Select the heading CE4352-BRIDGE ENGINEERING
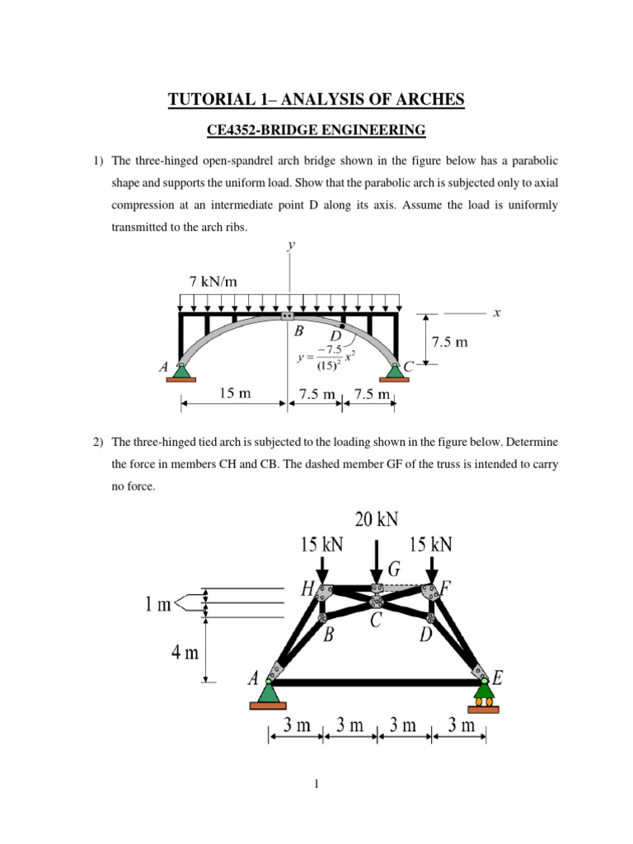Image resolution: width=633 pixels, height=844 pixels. [316, 129]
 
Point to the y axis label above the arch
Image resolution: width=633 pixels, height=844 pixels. [290, 245]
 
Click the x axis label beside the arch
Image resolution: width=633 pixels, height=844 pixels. [497, 313]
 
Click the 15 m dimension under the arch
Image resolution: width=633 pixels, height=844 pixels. [235, 393]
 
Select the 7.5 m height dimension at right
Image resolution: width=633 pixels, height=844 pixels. [446, 341]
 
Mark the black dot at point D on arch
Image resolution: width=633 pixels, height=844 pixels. [342, 327]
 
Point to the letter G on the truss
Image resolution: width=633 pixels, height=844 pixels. [394, 569]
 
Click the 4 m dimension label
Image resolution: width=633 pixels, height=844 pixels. [185, 653]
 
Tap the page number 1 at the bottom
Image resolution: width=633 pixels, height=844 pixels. [316, 785]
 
